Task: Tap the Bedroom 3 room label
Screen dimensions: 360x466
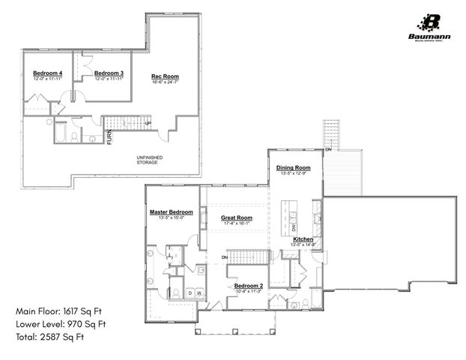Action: point(109,73)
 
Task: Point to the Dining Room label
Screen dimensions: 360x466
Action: point(293,168)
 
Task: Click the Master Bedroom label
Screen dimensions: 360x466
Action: point(171,212)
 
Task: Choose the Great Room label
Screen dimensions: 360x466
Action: point(236,217)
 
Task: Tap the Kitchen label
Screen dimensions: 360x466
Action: point(303,239)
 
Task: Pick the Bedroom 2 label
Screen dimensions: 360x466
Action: point(248,286)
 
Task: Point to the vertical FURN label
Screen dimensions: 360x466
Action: point(109,136)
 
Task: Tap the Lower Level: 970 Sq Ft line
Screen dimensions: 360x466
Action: point(61,324)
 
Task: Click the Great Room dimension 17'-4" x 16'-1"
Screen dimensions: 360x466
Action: point(236,223)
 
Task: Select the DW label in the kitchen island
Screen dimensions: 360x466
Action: point(294,227)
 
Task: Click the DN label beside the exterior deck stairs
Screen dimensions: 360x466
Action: point(329,150)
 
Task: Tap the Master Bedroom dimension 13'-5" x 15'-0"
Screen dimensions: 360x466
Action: point(171,218)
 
